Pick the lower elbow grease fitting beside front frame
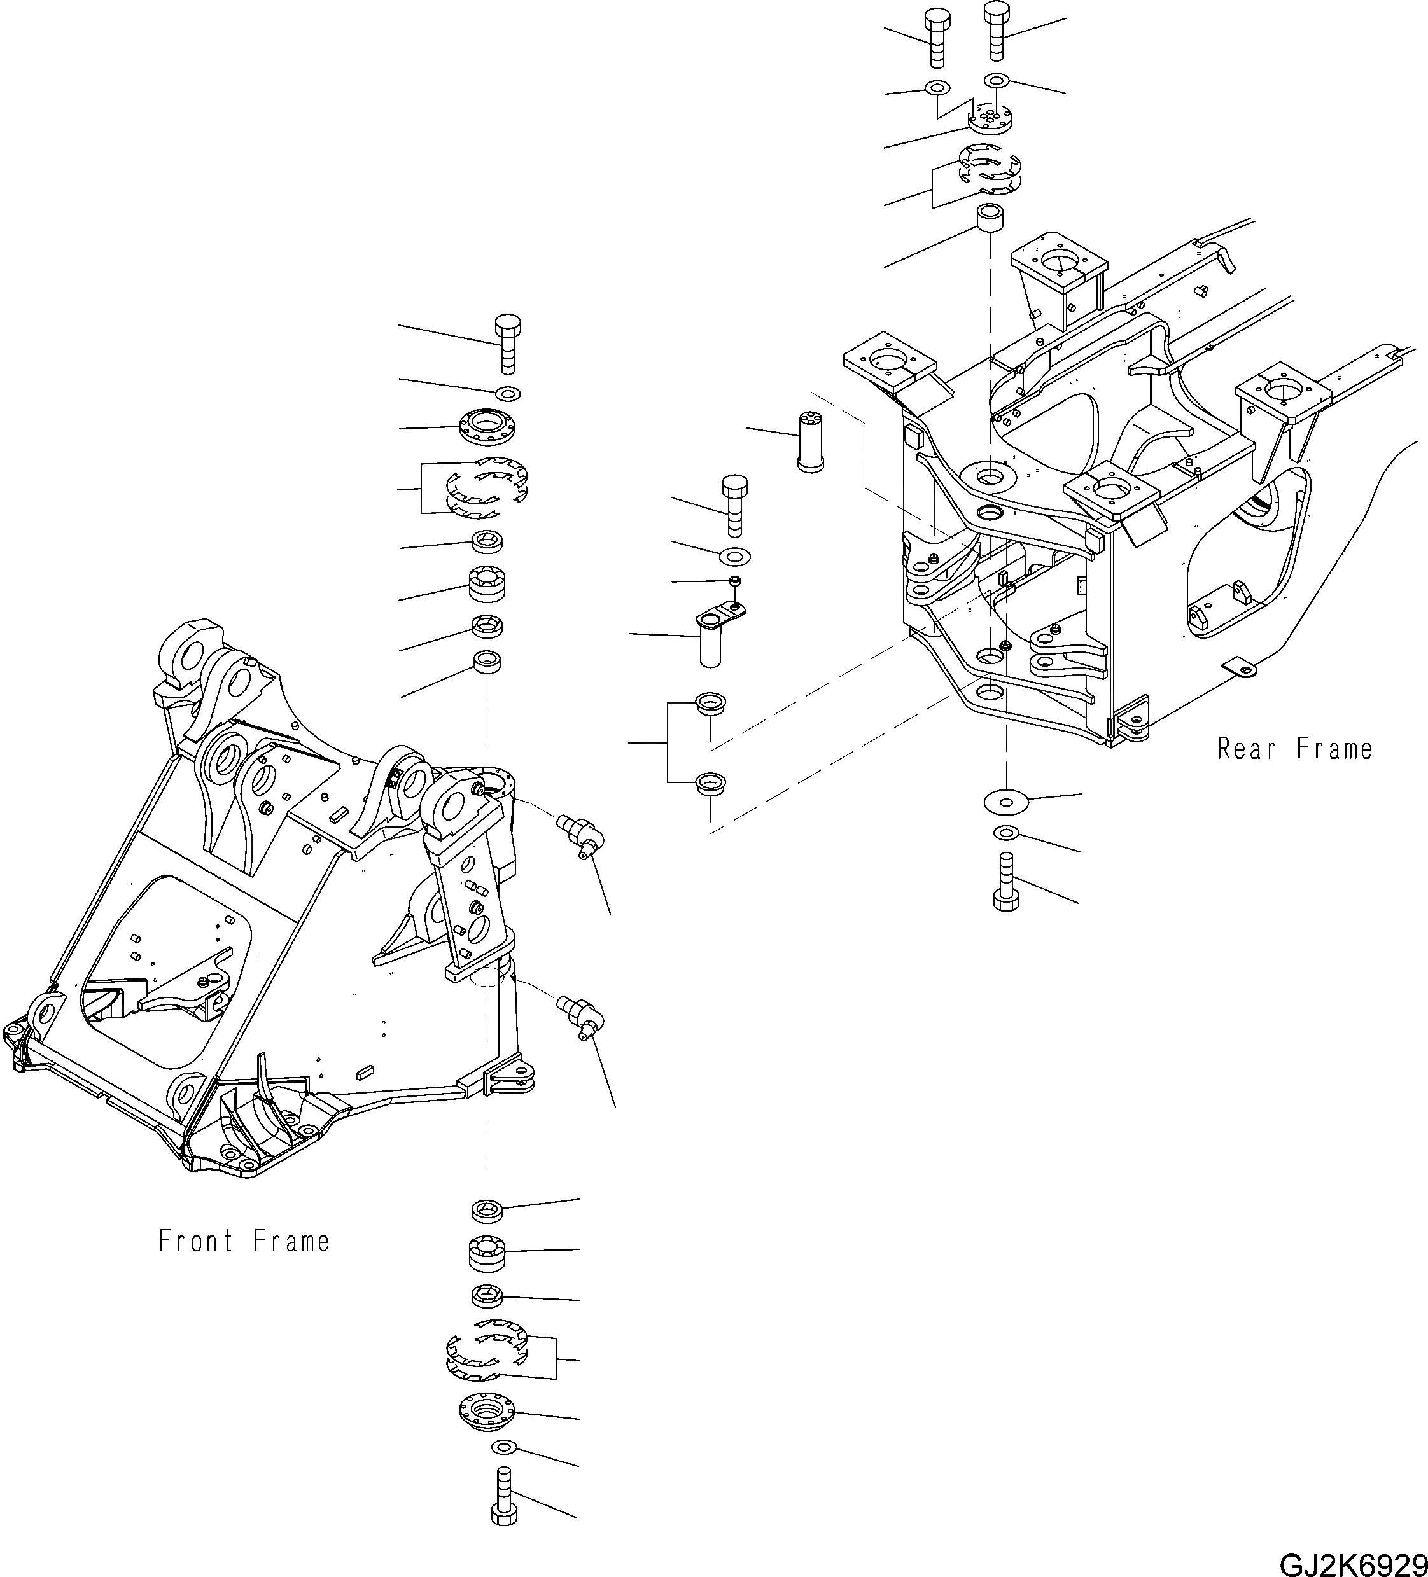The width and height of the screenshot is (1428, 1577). [580, 1014]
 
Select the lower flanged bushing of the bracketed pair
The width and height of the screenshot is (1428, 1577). [710, 782]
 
